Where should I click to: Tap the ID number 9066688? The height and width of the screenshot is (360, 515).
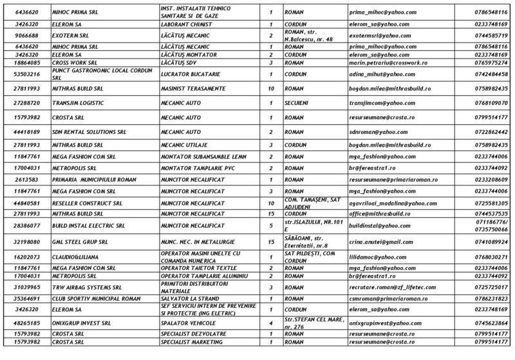(x=25, y=36)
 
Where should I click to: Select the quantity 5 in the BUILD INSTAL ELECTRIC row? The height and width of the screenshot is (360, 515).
(x=270, y=225)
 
